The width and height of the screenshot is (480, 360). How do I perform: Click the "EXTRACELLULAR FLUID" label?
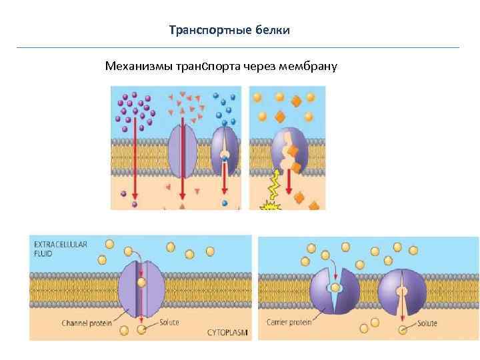click(61, 249)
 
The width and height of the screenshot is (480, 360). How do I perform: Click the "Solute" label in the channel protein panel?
click(169, 323)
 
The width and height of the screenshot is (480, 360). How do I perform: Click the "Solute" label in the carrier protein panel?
click(427, 323)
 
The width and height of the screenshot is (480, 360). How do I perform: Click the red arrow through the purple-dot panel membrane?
click(135, 160)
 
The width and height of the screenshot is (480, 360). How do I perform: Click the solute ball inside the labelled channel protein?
click(141, 283)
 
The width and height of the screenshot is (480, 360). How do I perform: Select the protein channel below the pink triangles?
click(182, 153)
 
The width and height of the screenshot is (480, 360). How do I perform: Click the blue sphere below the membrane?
click(225, 203)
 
